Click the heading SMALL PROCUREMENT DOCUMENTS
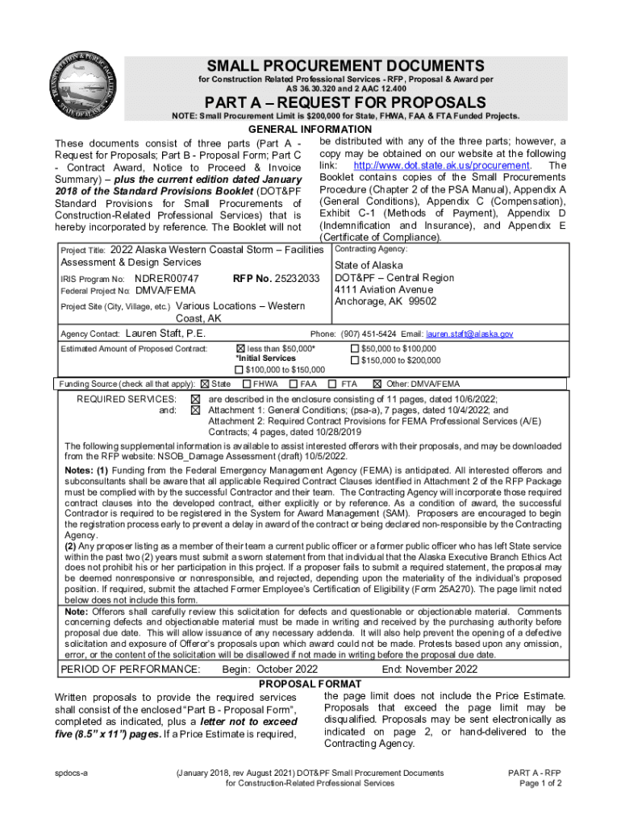point(346,65)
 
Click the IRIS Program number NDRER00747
point(166,279)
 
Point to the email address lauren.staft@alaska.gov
point(469,334)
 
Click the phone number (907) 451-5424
point(368,334)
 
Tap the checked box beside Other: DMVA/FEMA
point(377,383)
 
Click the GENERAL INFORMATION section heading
point(310,130)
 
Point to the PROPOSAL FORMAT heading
point(310,684)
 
